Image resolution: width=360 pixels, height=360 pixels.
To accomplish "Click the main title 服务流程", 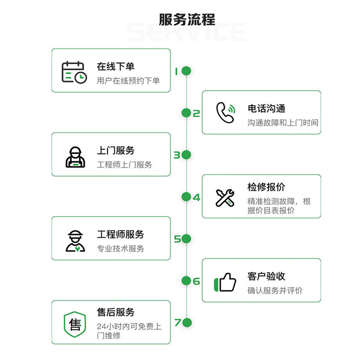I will [x=187, y=20].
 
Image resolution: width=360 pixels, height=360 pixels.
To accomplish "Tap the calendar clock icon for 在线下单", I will [x=74, y=72].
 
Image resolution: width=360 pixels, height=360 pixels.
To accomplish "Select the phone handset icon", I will [x=225, y=112].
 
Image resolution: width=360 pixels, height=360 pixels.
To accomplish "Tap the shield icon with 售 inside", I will [x=75, y=323].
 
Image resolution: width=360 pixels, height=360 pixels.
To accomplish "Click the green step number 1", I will [x=176, y=71].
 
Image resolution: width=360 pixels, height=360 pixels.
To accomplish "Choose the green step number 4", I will [x=196, y=197].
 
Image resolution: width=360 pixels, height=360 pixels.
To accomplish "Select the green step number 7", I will [x=177, y=322].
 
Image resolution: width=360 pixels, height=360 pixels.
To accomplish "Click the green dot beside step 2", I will [x=186, y=113].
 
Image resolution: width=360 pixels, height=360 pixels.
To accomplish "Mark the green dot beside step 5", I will [x=186, y=238].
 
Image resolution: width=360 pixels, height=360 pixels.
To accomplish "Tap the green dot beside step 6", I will [x=186, y=281].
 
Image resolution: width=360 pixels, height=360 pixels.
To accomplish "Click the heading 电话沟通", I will [x=266, y=108].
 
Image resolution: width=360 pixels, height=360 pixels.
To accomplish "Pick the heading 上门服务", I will [x=116, y=151].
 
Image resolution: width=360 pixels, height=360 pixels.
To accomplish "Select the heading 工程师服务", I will [x=121, y=234].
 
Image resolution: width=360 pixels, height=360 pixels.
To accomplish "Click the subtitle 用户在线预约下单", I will [x=128, y=81].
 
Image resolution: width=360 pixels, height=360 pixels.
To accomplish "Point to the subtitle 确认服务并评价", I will [x=275, y=291].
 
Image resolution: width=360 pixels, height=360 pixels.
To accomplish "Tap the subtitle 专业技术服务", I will [x=121, y=248].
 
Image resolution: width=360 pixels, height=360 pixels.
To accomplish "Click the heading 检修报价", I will [x=266, y=187].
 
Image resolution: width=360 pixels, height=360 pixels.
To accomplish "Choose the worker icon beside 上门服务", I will [x=75, y=157].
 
